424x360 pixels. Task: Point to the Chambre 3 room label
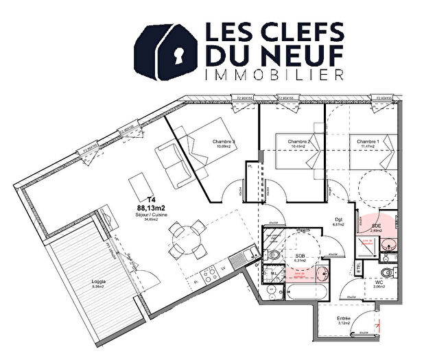point(224,142)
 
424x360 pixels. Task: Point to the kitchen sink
point(236,259)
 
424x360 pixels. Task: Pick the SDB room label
point(301,254)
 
